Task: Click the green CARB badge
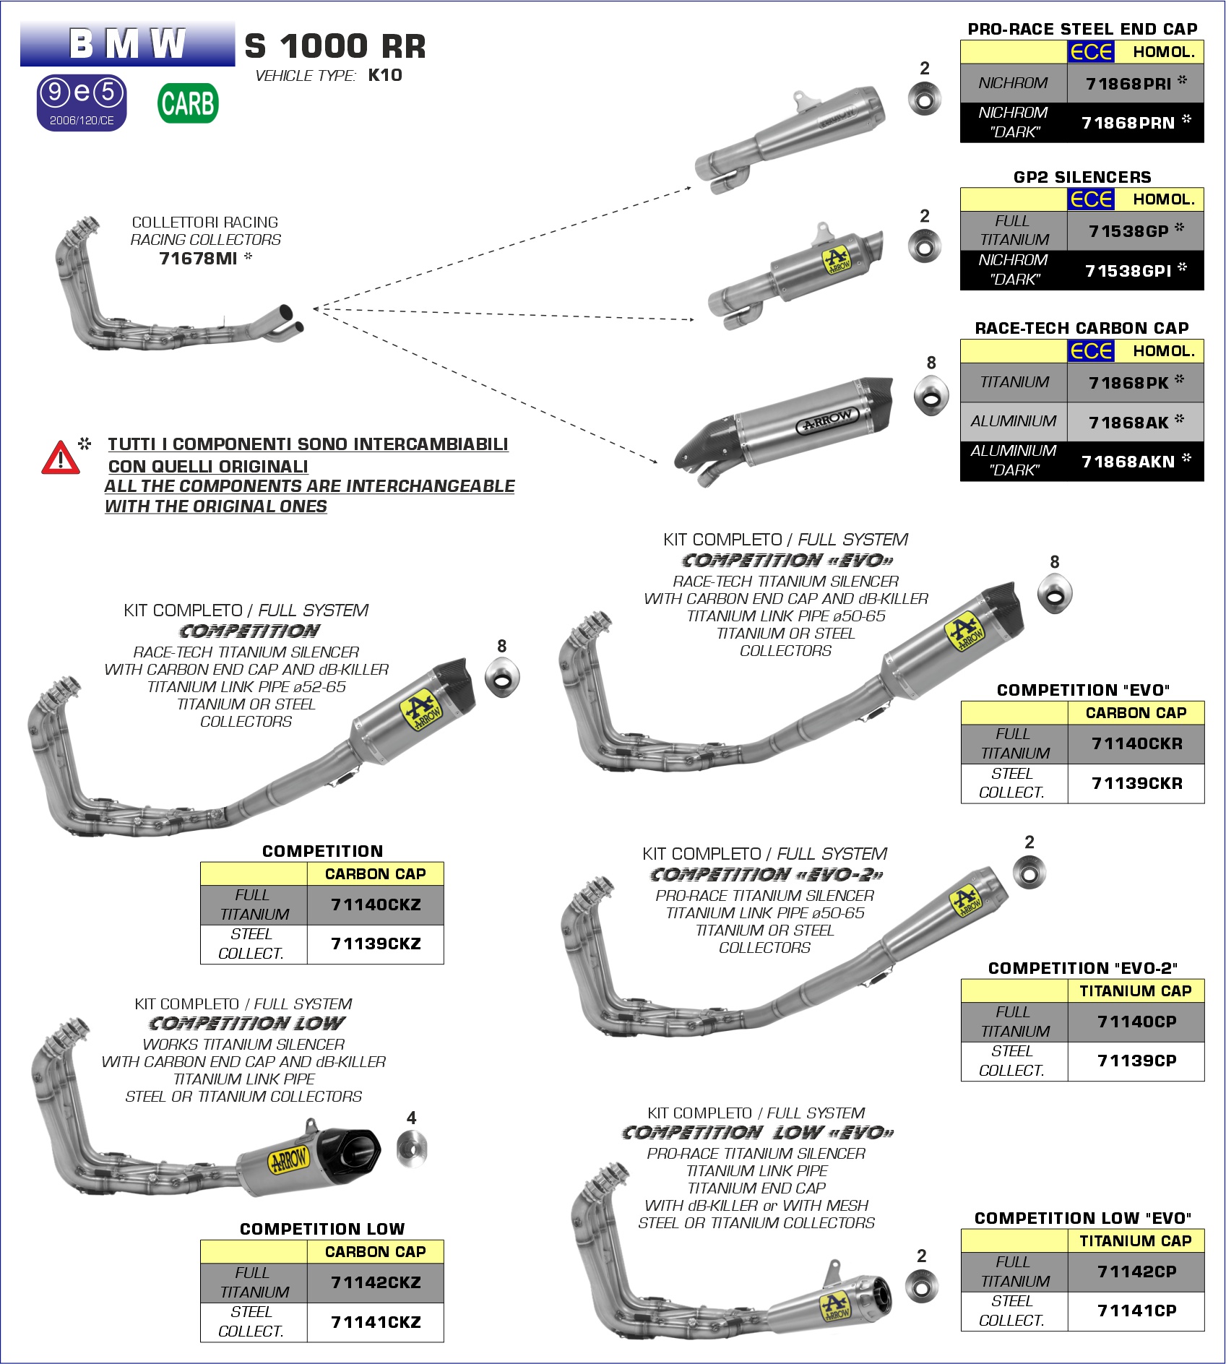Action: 188,103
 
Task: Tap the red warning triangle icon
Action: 61,457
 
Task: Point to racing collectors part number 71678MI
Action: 198,258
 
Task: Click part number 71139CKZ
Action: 376,944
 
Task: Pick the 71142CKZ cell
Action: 376,1282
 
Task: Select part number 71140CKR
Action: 1137,743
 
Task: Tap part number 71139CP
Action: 1137,1061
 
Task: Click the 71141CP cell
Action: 1136,1311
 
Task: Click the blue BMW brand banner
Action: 128,44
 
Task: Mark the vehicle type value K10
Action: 385,75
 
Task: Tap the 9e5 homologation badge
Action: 82,103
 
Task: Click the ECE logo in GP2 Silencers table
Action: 1091,199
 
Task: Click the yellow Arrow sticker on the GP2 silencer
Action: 837,261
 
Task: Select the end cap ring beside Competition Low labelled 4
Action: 412,1148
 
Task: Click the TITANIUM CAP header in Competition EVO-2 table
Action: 1136,991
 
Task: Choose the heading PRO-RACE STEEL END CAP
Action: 1082,29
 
